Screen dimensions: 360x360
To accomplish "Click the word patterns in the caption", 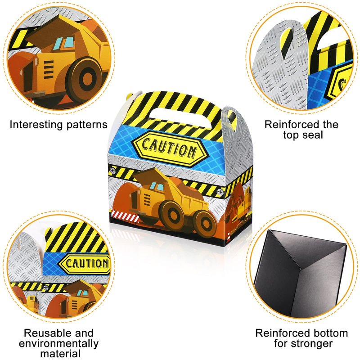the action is point(87,125).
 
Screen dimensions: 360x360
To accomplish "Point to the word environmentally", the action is point(59,344).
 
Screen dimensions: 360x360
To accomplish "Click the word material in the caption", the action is point(60,354).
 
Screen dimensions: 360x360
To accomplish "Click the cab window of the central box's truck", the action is point(157,186).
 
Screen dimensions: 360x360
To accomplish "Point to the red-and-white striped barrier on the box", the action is point(125,216).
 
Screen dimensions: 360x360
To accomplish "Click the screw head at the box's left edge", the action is point(113,171).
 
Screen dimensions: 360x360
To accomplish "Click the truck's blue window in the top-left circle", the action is point(65,43).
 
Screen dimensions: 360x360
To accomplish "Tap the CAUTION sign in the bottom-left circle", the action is point(85,264).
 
